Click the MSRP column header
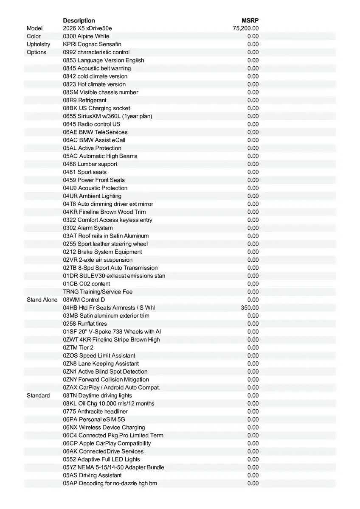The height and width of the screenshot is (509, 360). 250,20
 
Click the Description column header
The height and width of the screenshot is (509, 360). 79,20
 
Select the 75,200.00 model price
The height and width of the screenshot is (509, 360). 246,28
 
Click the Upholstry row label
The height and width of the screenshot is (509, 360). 38,44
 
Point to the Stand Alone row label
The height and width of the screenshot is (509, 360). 42,299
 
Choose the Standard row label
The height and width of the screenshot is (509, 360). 38,395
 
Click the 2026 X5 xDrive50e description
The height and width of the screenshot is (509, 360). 87,28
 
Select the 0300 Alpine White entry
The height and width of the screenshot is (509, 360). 86,36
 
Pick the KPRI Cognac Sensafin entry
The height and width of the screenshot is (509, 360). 92,44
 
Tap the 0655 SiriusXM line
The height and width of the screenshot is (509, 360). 107,116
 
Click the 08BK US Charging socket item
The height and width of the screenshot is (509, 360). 96,108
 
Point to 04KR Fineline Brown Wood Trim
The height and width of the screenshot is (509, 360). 104,212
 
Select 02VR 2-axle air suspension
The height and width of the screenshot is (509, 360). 98,260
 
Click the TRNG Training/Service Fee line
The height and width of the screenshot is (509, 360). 98,292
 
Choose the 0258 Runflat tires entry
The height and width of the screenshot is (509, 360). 85,324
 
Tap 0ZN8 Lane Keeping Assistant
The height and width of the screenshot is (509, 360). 101,364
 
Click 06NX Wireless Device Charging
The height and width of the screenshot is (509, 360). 104,428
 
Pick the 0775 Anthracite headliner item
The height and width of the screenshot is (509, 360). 95,411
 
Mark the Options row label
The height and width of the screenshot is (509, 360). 37,52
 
